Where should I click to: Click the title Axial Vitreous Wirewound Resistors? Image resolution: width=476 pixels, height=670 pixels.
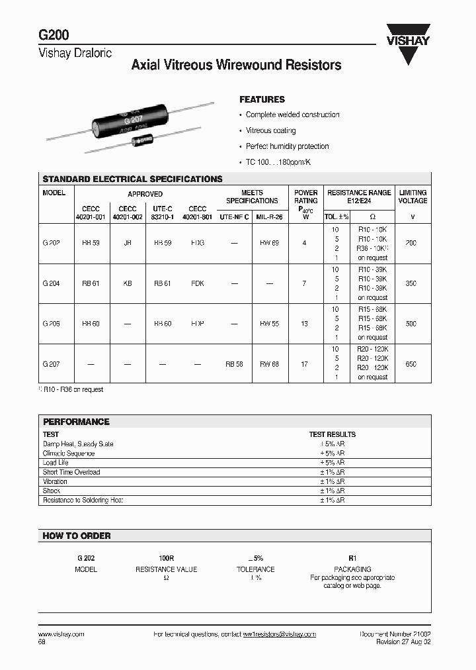236,65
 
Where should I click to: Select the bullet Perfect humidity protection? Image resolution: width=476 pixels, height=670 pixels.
287,146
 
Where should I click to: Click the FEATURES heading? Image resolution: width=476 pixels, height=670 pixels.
262,99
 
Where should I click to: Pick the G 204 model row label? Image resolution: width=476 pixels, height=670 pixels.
51,283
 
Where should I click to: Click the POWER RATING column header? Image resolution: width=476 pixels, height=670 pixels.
305,201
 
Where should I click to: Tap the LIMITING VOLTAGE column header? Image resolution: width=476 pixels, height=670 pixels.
413,197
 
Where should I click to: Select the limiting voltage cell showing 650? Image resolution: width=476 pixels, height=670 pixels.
411,364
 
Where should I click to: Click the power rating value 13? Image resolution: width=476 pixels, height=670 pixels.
304,324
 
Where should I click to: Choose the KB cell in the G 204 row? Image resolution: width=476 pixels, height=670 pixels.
127,283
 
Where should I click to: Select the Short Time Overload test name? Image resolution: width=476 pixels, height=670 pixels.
71,472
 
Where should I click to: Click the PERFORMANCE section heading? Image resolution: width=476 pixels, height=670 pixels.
76,422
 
